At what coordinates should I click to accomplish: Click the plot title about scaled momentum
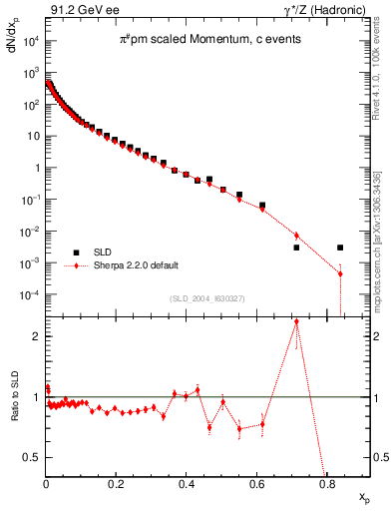point(196,39)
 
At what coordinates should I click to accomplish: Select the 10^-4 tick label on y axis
point(29,295)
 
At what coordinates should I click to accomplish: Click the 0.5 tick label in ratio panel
point(31,457)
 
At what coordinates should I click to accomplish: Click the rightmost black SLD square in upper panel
point(340,248)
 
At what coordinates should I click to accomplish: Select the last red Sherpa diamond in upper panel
point(340,273)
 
